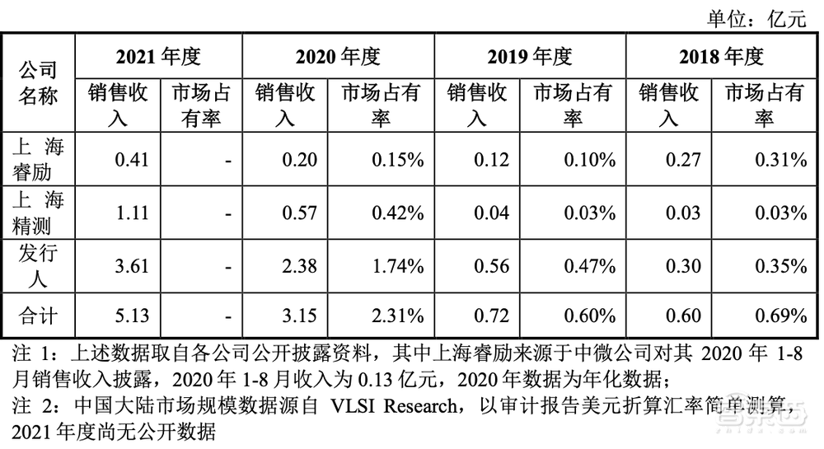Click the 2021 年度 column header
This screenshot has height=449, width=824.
[158, 57]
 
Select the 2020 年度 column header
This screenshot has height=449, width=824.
[338, 57]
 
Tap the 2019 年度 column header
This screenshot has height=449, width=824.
[530, 57]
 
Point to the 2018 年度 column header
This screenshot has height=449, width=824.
[722, 57]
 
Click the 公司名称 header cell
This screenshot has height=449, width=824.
[38, 82]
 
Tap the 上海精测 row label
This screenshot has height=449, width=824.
[38, 212]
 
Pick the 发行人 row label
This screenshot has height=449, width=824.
[38, 264]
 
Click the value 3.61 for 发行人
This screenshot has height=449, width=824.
[131, 265]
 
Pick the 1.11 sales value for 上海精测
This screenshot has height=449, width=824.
[131, 212]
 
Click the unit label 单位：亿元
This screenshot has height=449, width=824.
[754, 17]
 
